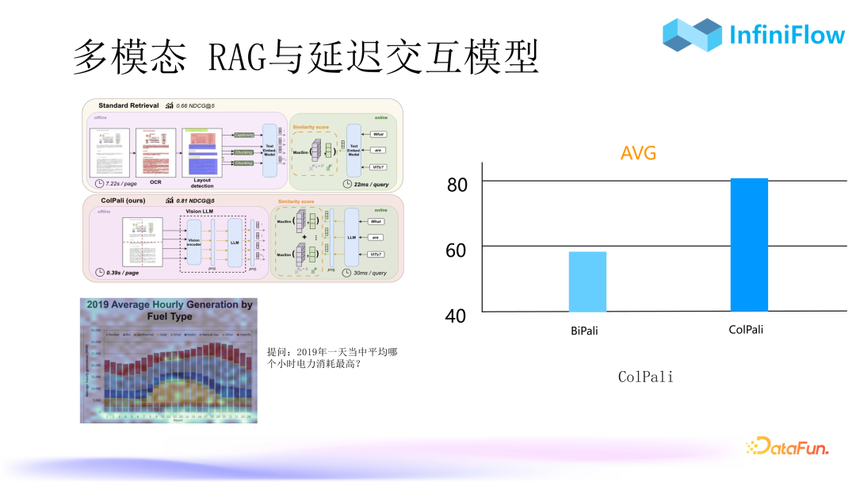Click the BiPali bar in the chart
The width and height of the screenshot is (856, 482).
tap(587, 281)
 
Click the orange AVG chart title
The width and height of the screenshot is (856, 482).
tap(638, 153)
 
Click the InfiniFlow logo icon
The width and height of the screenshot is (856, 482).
tap(692, 36)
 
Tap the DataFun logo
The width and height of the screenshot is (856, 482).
tap(786, 447)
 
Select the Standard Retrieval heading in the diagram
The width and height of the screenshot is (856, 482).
tap(128, 105)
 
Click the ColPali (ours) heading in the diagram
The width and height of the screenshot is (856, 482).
tap(130, 201)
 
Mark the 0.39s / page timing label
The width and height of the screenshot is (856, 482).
tap(121, 272)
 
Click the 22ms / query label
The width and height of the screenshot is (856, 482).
tap(370, 184)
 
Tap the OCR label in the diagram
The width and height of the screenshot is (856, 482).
tap(155, 182)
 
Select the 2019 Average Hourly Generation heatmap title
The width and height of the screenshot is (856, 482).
tap(169, 310)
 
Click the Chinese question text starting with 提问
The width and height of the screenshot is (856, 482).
tap(332, 358)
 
